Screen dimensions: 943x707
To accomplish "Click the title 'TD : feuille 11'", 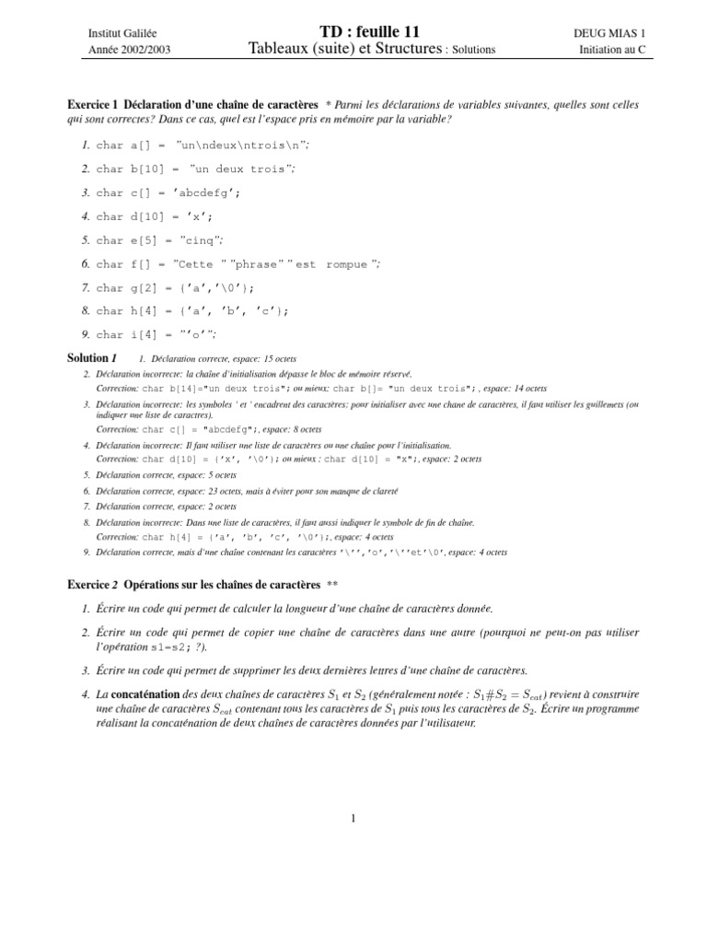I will pos(353,31).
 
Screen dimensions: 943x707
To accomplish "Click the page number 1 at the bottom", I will pos(353,818).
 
